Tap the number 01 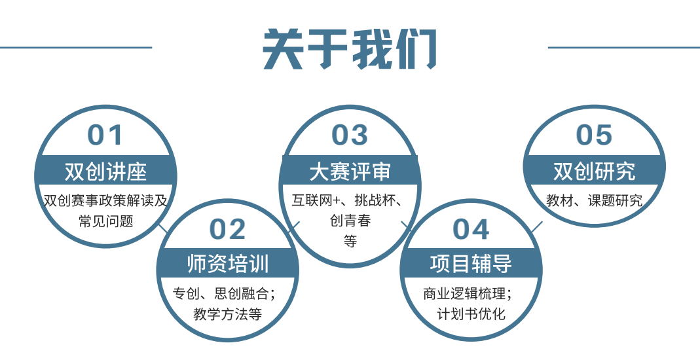pyautogui.click(x=105, y=135)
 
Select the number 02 pyautogui.click(x=227, y=229)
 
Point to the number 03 pyautogui.click(x=350, y=135)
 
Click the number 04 pyautogui.click(x=471, y=229)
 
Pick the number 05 pyautogui.click(x=594, y=135)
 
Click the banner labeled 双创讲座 pyautogui.click(x=105, y=171)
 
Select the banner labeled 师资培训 pyautogui.click(x=227, y=264)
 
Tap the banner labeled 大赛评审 pyautogui.click(x=350, y=171)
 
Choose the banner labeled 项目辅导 pyautogui.click(x=471, y=264)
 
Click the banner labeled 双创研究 pyautogui.click(x=594, y=171)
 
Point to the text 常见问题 pyautogui.click(x=105, y=221)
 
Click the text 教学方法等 pyautogui.click(x=227, y=314)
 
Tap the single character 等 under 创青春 pyautogui.click(x=350, y=242)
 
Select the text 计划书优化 pyautogui.click(x=471, y=314)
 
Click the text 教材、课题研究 pyautogui.click(x=594, y=201)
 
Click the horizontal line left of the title pyautogui.click(x=76, y=47)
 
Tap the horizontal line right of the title pyautogui.click(x=623, y=47)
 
